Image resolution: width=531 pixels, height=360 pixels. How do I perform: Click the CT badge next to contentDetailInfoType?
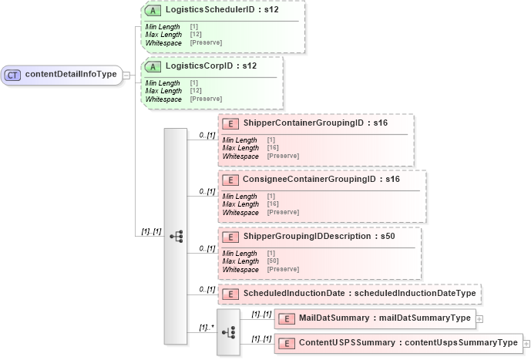pos(13,75)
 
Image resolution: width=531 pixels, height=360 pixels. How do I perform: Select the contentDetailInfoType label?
pos(71,75)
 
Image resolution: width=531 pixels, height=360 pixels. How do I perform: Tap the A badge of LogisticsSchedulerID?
pos(155,12)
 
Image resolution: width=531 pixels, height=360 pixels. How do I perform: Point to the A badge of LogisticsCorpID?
pos(155,67)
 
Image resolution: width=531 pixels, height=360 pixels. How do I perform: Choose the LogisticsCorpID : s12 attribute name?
pos(210,67)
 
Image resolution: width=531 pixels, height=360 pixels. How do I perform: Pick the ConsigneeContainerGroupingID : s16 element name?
pos(321,180)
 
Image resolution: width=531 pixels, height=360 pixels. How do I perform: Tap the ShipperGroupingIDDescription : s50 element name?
pos(319,236)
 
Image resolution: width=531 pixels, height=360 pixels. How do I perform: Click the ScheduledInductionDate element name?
pos(358,293)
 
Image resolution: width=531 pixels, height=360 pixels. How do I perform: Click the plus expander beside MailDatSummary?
pos(479,318)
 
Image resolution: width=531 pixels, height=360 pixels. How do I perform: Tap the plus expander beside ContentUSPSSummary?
pos(526,342)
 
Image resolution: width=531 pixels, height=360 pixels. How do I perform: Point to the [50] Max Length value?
pos(273,261)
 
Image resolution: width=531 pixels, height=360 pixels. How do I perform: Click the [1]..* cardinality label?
pos(206,327)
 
